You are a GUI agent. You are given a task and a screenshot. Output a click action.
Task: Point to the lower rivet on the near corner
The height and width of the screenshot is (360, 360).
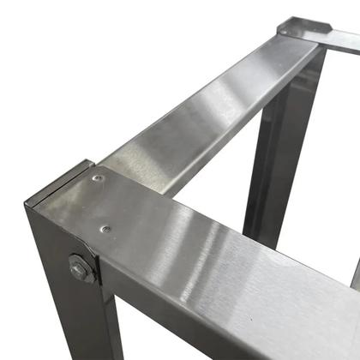(x=105, y=229)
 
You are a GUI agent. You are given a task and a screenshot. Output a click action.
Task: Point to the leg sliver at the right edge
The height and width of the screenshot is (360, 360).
(x=355, y=274)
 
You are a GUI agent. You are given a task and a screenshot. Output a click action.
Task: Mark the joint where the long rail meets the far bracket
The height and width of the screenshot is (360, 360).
(x=283, y=39)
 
